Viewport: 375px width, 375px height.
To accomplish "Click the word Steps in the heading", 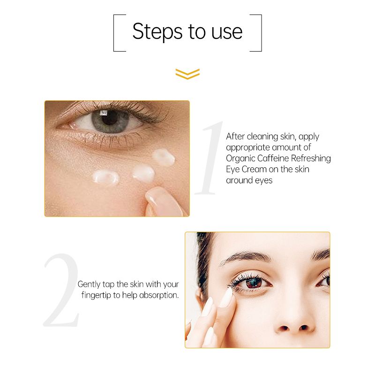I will click(x=157, y=31).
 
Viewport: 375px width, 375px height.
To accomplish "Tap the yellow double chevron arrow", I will click(x=187, y=74).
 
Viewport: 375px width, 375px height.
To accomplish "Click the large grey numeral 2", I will click(x=61, y=291).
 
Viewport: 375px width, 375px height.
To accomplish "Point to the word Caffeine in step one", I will click(x=273, y=158).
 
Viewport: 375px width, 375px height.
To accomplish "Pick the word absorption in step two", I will click(x=159, y=296).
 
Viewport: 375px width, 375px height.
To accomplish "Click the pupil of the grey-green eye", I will click(x=109, y=117).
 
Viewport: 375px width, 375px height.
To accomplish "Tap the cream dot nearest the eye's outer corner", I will click(x=164, y=157).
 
